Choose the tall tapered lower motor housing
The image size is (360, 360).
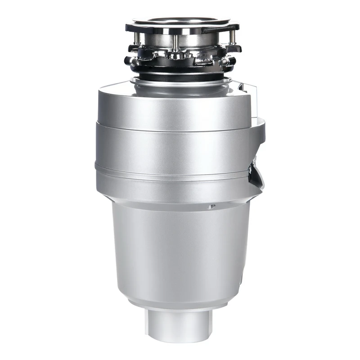pos(180,252)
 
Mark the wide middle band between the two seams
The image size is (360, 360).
pos(175,148)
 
